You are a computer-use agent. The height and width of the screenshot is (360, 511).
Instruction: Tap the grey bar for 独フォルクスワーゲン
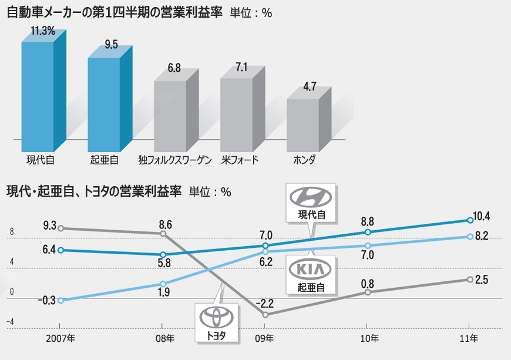pyautogui.click(x=170, y=116)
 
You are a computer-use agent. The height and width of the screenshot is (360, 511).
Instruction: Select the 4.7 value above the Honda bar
pyautogui.click(x=310, y=87)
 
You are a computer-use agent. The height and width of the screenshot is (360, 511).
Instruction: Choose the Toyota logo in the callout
pyautogui.click(x=217, y=317)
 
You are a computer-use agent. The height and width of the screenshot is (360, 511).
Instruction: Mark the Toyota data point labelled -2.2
pyautogui.click(x=265, y=315)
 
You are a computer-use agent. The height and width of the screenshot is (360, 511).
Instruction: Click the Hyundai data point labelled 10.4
pyautogui.click(x=470, y=220)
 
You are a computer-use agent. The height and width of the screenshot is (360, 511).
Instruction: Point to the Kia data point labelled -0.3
pyautogui.click(x=61, y=300)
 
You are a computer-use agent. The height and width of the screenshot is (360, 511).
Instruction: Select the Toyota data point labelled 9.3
pyautogui.click(x=61, y=228)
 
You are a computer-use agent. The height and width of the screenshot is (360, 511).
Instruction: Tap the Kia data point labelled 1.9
pyautogui.click(x=163, y=284)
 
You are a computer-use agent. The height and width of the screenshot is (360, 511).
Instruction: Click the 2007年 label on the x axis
pyautogui.click(x=61, y=338)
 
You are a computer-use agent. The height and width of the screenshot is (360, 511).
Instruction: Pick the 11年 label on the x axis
pyautogui.click(x=470, y=338)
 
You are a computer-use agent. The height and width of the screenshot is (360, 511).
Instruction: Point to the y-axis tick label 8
pyautogui.click(x=11, y=232)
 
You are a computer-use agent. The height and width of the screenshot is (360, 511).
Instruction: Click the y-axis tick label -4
pyautogui.click(x=10, y=322)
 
